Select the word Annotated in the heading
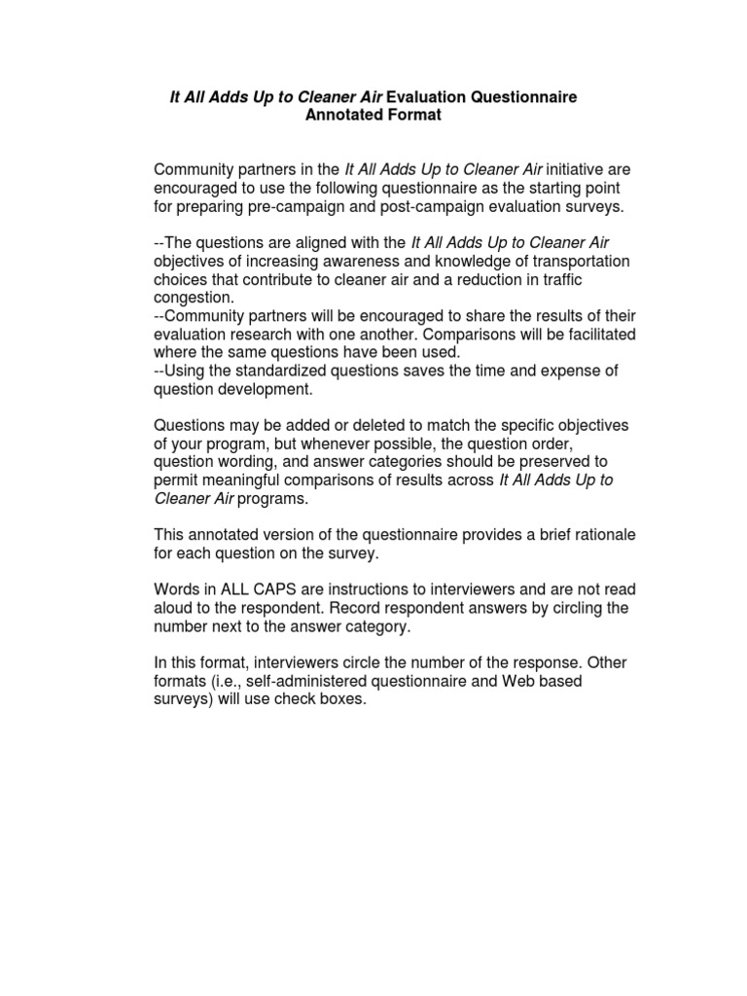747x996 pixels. (344, 116)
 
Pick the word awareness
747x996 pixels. (362, 262)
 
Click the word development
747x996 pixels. (267, 389)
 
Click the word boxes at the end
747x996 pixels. (341, 699)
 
